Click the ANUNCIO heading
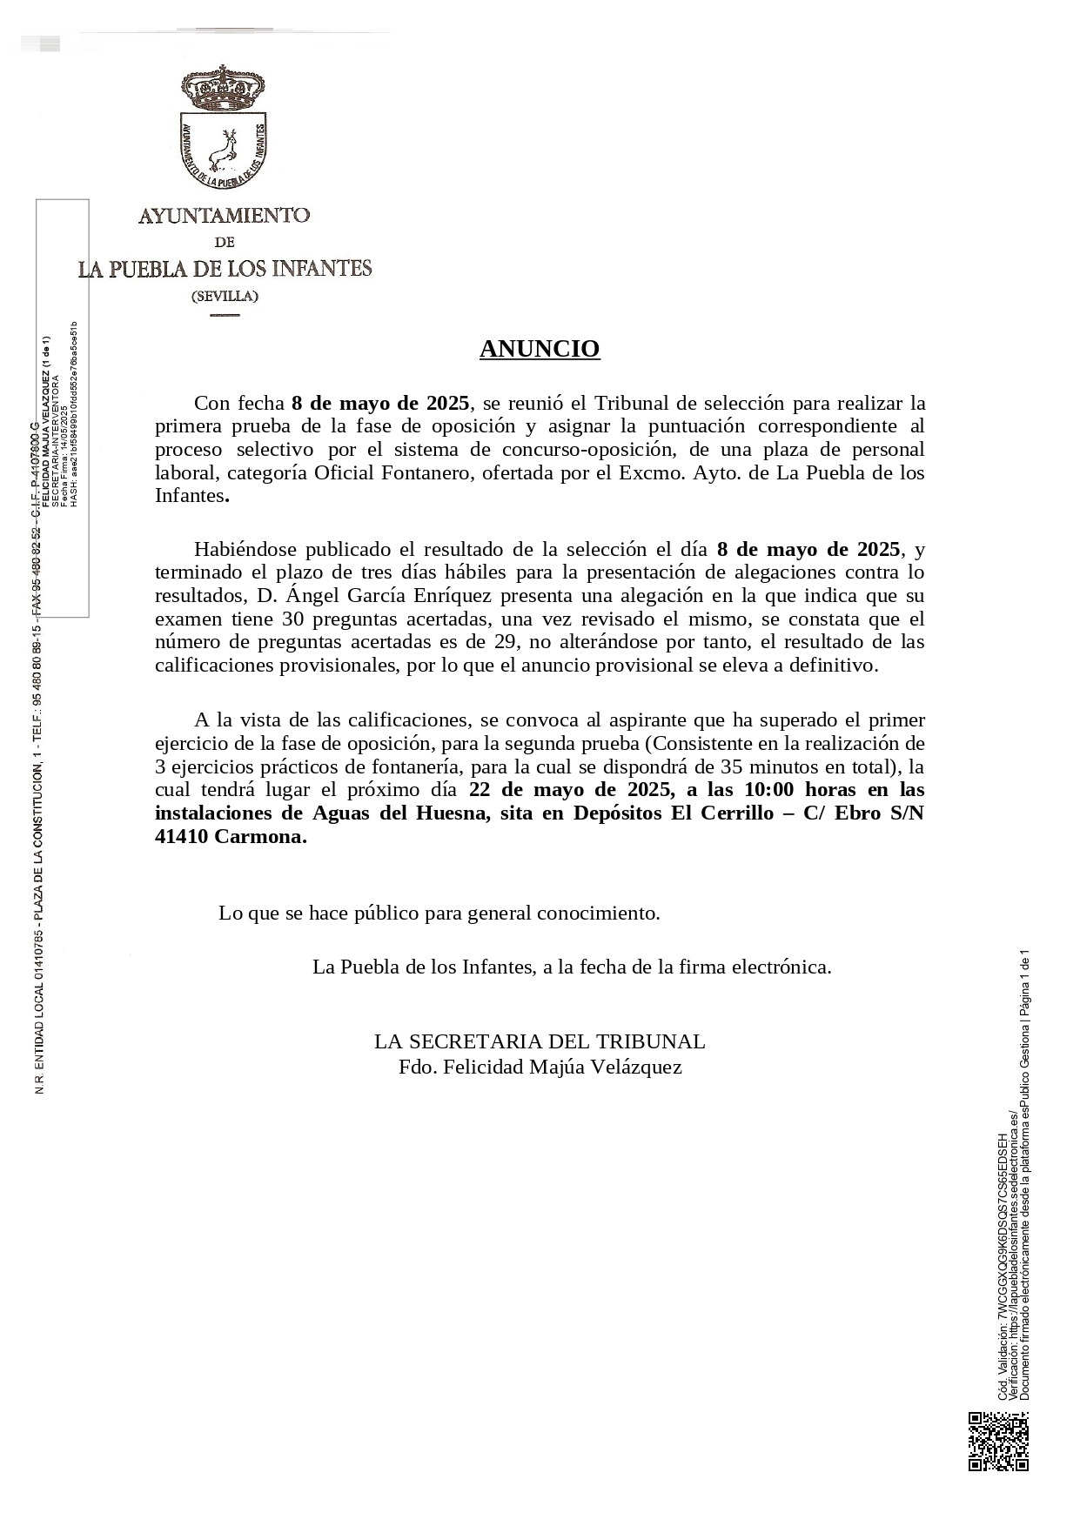click(x=540, y=349)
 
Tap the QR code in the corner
click(x=998, y=1442)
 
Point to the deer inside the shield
click(x=225, y=148)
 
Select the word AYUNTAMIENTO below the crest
click(x=225, y=215)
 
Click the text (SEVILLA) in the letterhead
click(x=225, y=296)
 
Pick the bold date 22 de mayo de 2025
click(x=567, y=790)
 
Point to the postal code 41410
click(x=181, y=837)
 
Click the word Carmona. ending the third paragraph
click(x=261, y=837)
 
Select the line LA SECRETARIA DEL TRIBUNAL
click(x=540, y=1041)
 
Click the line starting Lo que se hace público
click(x=439, y=913)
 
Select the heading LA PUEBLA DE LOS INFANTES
click(x=225, y=269)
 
